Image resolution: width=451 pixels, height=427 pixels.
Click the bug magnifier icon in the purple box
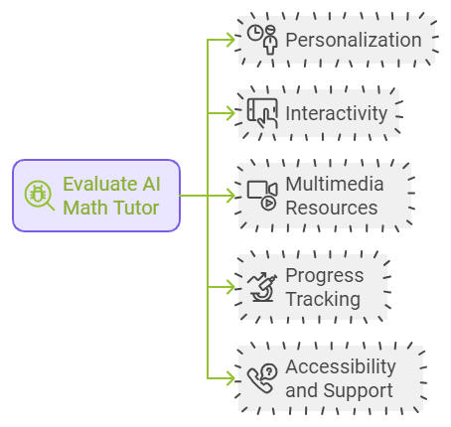click(x=39, y=196)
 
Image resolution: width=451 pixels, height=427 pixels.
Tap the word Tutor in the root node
click(x=137, y=208)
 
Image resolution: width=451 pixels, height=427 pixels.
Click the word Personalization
click(x=354, y=40)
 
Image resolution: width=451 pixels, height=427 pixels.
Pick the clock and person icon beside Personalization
click(x=262, y=40)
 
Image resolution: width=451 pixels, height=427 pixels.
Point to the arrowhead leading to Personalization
click(x=231, y=40)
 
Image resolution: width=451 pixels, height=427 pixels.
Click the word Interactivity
click(x=336, y=113)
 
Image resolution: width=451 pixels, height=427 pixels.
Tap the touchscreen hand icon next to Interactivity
click(x=262, y=113)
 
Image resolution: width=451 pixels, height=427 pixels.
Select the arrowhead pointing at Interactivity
click(x=231, y=113)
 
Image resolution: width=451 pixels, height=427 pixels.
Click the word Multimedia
click(x=335, y=184)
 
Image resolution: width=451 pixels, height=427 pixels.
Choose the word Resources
click(x=332, y=208)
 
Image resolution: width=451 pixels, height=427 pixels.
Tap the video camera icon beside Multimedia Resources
click(x=262, y=196)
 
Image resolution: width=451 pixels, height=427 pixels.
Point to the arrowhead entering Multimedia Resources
click(x=231, y=196)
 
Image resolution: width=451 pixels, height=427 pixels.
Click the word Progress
click(x=325, y=275)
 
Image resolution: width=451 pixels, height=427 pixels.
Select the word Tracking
click(x=323, y=299)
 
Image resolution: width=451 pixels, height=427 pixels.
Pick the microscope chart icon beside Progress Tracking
click(x=262, y=287)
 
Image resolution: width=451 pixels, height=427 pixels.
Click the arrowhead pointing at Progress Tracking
click(x=231, y=287)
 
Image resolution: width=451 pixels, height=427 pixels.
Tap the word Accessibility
click(x=341, y=366)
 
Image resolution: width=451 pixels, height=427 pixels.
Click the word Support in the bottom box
click(x=358, y=390)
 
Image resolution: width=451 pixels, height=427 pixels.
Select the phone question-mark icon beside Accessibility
click(x=262, y=378)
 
